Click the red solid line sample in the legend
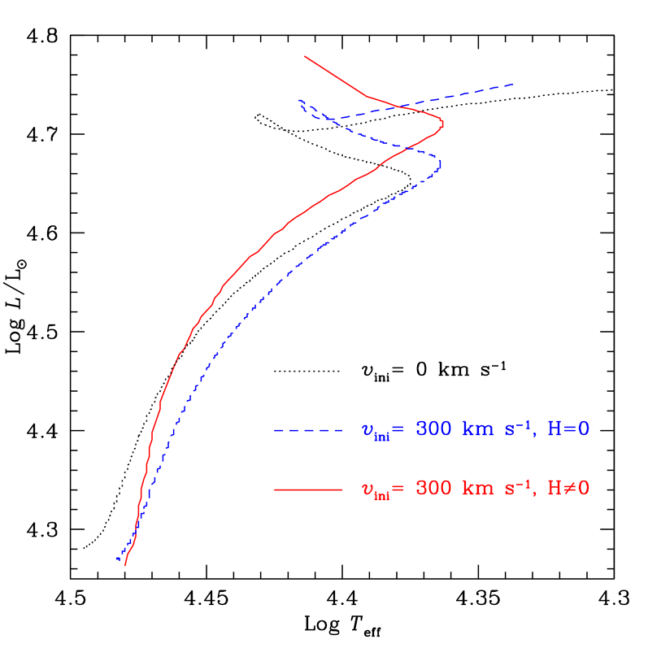point(307,489)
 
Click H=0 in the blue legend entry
point(568,429)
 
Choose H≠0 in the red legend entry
point(568,489)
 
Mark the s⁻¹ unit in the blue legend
point(519,428)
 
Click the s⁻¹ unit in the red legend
point(519,488)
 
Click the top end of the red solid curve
point(305,56)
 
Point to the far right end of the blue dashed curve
point(513,84)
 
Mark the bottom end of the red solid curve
point(125,565)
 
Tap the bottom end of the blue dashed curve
point(117,559)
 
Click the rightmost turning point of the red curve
point(443,124)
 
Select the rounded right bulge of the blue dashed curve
point(441,165)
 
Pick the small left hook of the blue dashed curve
point(300,102)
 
